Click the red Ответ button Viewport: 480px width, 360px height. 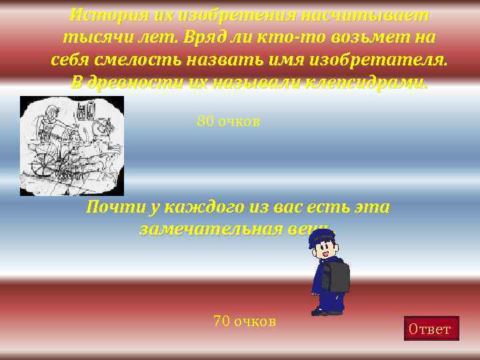click(431, 329)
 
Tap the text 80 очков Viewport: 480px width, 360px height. click(228, 122)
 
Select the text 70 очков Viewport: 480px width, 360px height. click(244, 321)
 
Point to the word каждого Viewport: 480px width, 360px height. click(199, 207)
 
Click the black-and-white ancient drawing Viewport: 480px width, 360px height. click(72, 146)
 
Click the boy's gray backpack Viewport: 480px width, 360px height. click(337, 275)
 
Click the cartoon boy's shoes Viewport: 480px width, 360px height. click(327, 310)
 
